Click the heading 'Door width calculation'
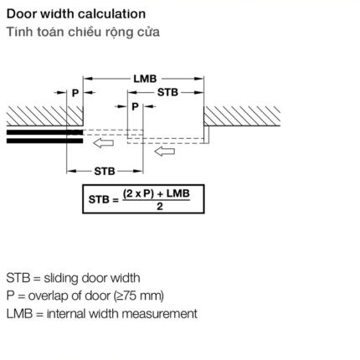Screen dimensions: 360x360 76,14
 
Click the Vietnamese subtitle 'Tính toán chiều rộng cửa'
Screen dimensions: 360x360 83,32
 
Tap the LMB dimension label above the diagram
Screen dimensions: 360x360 145,79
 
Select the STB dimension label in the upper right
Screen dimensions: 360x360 167,92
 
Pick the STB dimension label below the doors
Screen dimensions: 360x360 105,171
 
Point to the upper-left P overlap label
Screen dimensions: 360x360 75,93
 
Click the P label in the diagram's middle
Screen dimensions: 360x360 135,106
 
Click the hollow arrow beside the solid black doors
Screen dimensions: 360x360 103,143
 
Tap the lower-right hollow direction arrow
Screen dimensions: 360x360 165,152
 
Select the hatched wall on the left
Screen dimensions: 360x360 44,116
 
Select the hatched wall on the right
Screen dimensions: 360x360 242,116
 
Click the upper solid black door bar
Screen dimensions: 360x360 44,132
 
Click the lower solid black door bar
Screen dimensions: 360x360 44,141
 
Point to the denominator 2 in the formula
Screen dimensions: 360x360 160,207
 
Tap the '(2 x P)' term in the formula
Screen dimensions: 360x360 138,193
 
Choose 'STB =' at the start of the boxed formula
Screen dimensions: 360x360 104,199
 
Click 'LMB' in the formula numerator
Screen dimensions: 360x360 178,193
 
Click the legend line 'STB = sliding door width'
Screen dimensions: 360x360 73,278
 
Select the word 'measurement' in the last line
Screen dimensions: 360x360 160,314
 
